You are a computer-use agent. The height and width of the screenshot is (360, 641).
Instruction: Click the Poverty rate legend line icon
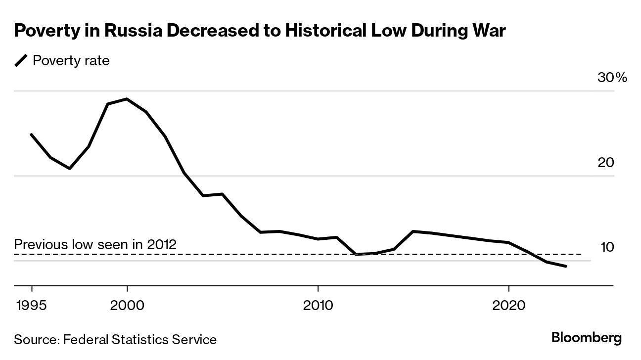(x=21, y=61)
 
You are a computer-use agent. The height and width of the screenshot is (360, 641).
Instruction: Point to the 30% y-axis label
(x=613, y=78)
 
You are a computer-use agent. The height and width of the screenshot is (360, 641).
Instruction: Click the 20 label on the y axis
(x=606, y=162)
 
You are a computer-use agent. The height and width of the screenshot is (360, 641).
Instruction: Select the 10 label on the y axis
(x=607, y=247)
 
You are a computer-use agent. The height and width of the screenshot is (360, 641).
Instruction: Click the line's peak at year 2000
(x=127, y=99)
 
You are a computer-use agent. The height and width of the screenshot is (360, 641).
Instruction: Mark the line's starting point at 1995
(x=32, y=135)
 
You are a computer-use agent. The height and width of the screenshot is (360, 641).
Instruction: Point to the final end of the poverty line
(x=566, y=267)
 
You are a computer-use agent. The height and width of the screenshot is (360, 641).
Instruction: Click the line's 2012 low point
(x=356, y=254)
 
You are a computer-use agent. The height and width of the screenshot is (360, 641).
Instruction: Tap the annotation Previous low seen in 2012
(x=95, y=244)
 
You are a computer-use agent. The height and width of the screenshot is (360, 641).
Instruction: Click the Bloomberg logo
(x=587, y=338)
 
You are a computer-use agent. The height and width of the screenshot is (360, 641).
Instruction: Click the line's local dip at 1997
(x=70, y=169)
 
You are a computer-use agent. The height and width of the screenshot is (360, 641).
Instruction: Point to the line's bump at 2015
(x=413, y=231)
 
